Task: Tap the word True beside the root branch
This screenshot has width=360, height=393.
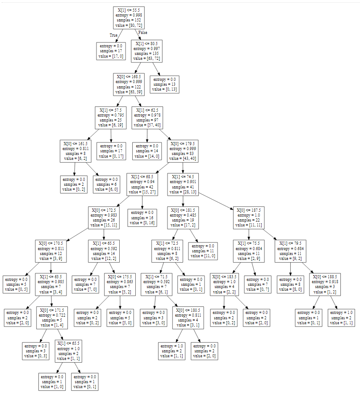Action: (113, 35)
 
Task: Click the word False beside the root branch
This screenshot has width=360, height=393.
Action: (143, 33)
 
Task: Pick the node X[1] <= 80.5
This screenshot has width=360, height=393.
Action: (147, 51)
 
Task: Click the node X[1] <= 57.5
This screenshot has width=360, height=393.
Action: (111, 117)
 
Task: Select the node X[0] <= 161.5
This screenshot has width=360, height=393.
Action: (76, 151)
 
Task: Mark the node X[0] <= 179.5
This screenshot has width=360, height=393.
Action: (183, 151)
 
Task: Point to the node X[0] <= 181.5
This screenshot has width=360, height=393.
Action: (183, 217)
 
